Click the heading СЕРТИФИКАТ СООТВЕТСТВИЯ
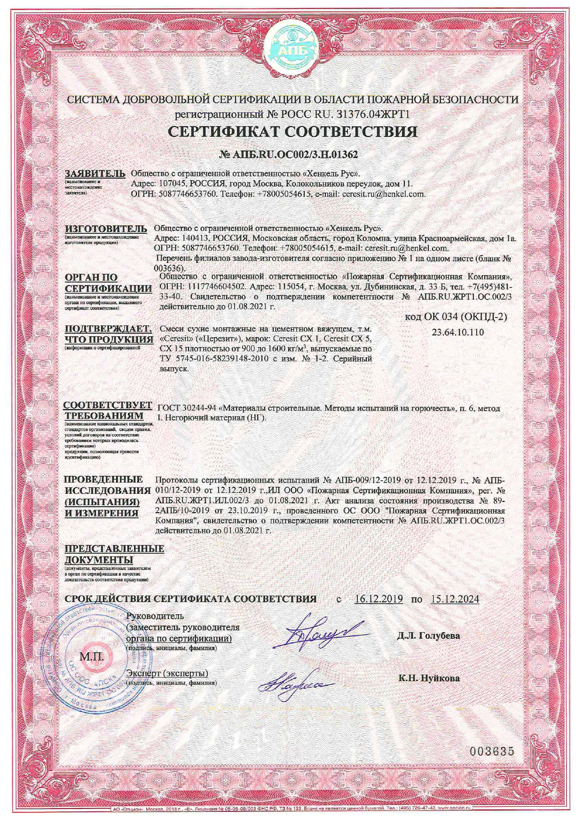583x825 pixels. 292,131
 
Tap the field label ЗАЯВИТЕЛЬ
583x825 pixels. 95,173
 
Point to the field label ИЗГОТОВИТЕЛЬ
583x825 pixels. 106,229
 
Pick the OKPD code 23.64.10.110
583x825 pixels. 457,332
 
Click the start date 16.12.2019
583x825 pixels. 379,599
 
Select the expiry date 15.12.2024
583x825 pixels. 455,599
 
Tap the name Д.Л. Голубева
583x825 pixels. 428,636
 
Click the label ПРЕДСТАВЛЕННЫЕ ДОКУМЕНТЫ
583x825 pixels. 114,554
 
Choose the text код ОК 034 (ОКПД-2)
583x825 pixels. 456,317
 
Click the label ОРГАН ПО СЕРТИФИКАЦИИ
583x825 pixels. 108,283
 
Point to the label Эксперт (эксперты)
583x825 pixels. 167,674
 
